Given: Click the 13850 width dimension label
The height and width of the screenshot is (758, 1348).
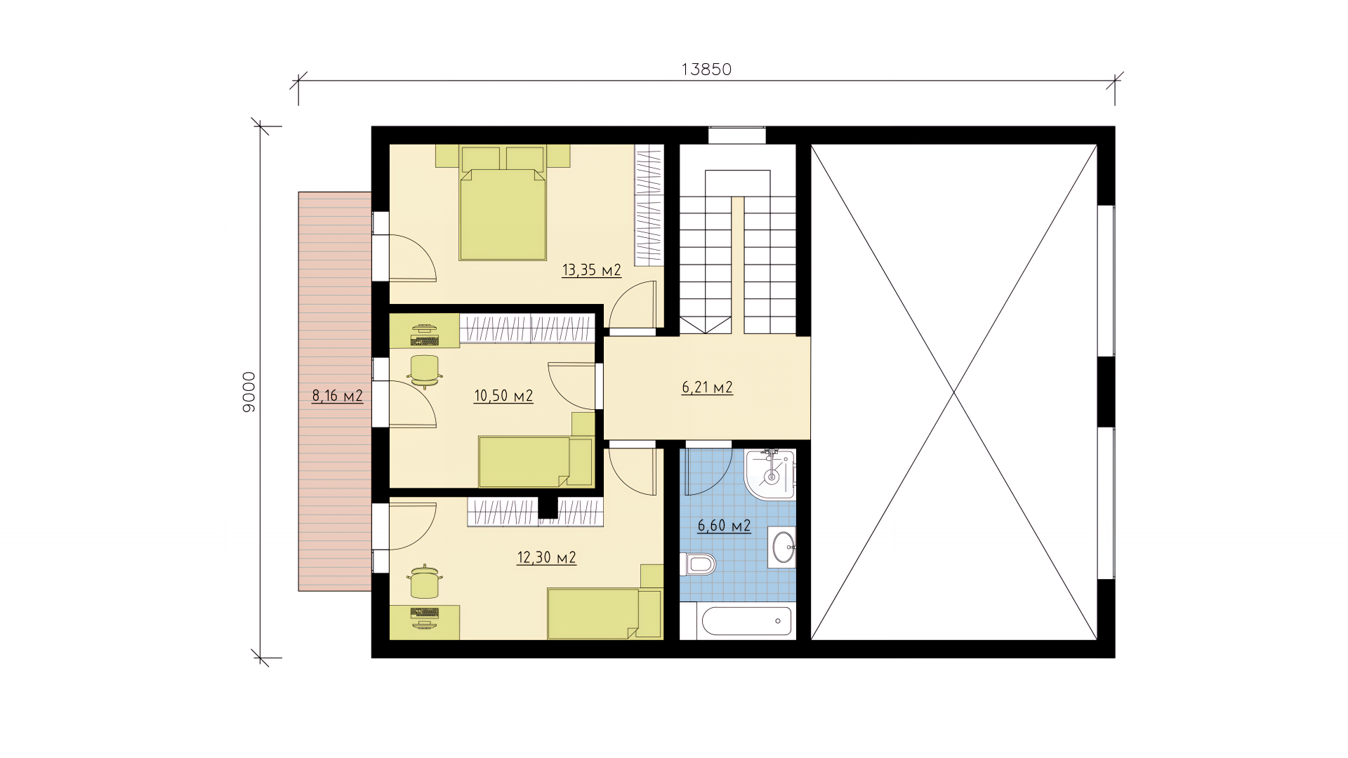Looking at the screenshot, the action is click(x=706, y=69).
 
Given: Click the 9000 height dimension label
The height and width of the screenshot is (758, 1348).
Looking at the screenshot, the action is click(x=249, y=392).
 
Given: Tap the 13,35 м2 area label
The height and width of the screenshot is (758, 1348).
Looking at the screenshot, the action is click(x=592, y=270).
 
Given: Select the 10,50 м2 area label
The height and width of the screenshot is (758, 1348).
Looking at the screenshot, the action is click(x=503, y=396).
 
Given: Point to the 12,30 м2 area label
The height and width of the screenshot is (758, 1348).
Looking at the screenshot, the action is click(x=546, y=558).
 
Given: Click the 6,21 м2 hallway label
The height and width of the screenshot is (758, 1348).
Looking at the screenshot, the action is click(x=707, y=387).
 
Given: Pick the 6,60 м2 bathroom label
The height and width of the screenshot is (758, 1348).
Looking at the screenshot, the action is click(x=724, y=526).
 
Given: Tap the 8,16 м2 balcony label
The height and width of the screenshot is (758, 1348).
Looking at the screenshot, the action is click(x=337, y=396).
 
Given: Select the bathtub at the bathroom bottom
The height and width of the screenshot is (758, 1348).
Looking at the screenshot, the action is click(x=746, y=621).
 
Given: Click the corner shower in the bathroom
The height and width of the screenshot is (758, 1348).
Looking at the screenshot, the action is click(x=770, y=474).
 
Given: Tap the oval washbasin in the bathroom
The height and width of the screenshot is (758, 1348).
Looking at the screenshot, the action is click(x=783, y=547).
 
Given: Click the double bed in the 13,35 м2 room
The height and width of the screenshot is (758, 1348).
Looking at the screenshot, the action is click(x=503, y=204).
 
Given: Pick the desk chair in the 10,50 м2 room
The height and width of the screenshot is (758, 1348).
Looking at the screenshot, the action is click(x=425, y=371).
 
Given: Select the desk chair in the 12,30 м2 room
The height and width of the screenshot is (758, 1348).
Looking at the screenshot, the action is click(x=424, y=581).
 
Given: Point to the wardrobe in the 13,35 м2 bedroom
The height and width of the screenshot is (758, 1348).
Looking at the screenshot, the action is click(x=649, y=205).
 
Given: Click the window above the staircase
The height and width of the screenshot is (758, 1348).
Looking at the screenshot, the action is click(x=736, y=135).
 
